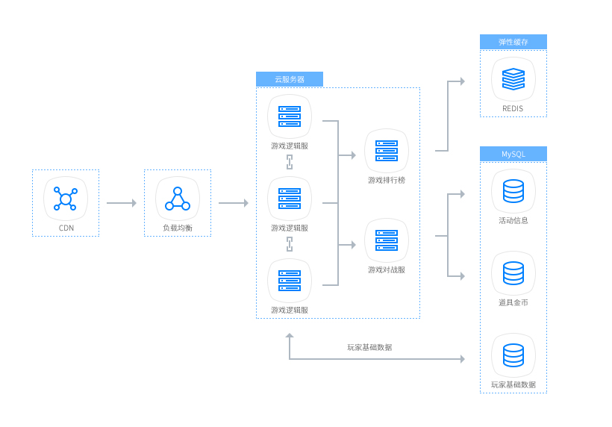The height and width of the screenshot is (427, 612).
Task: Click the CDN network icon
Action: (66, 199)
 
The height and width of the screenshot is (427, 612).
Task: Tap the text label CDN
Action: (66, 228)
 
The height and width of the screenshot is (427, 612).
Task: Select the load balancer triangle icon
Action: (178, 199)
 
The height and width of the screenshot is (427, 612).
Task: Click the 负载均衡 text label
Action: (178, 228)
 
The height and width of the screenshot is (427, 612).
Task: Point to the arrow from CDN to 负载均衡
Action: (121, 203)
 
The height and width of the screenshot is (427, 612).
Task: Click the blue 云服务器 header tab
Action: (290, 79)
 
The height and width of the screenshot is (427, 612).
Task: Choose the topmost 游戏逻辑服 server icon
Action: (290, 116)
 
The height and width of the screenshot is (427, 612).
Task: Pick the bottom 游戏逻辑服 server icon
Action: (290, 281)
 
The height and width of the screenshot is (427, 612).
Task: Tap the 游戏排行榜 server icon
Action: (387, 151)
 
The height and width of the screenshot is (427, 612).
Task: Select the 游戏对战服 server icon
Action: (387, 240)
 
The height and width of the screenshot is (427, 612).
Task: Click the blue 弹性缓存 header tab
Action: (513, 42)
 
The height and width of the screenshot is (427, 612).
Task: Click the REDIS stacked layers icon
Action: (513, 79)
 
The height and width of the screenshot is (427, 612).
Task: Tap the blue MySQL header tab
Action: (513, 154)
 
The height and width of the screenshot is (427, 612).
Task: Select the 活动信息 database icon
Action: (513, 191)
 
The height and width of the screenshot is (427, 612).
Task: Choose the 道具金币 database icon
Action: (513, 273)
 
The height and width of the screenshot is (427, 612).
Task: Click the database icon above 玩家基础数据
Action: (513, 355)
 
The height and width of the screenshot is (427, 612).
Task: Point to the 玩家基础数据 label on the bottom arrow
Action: (369, 347)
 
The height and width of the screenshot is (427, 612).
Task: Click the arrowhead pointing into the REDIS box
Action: (462, 81)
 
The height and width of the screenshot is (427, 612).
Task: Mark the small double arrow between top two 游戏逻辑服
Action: (290, 162)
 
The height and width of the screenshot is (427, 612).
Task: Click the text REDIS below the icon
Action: (513, 108)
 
